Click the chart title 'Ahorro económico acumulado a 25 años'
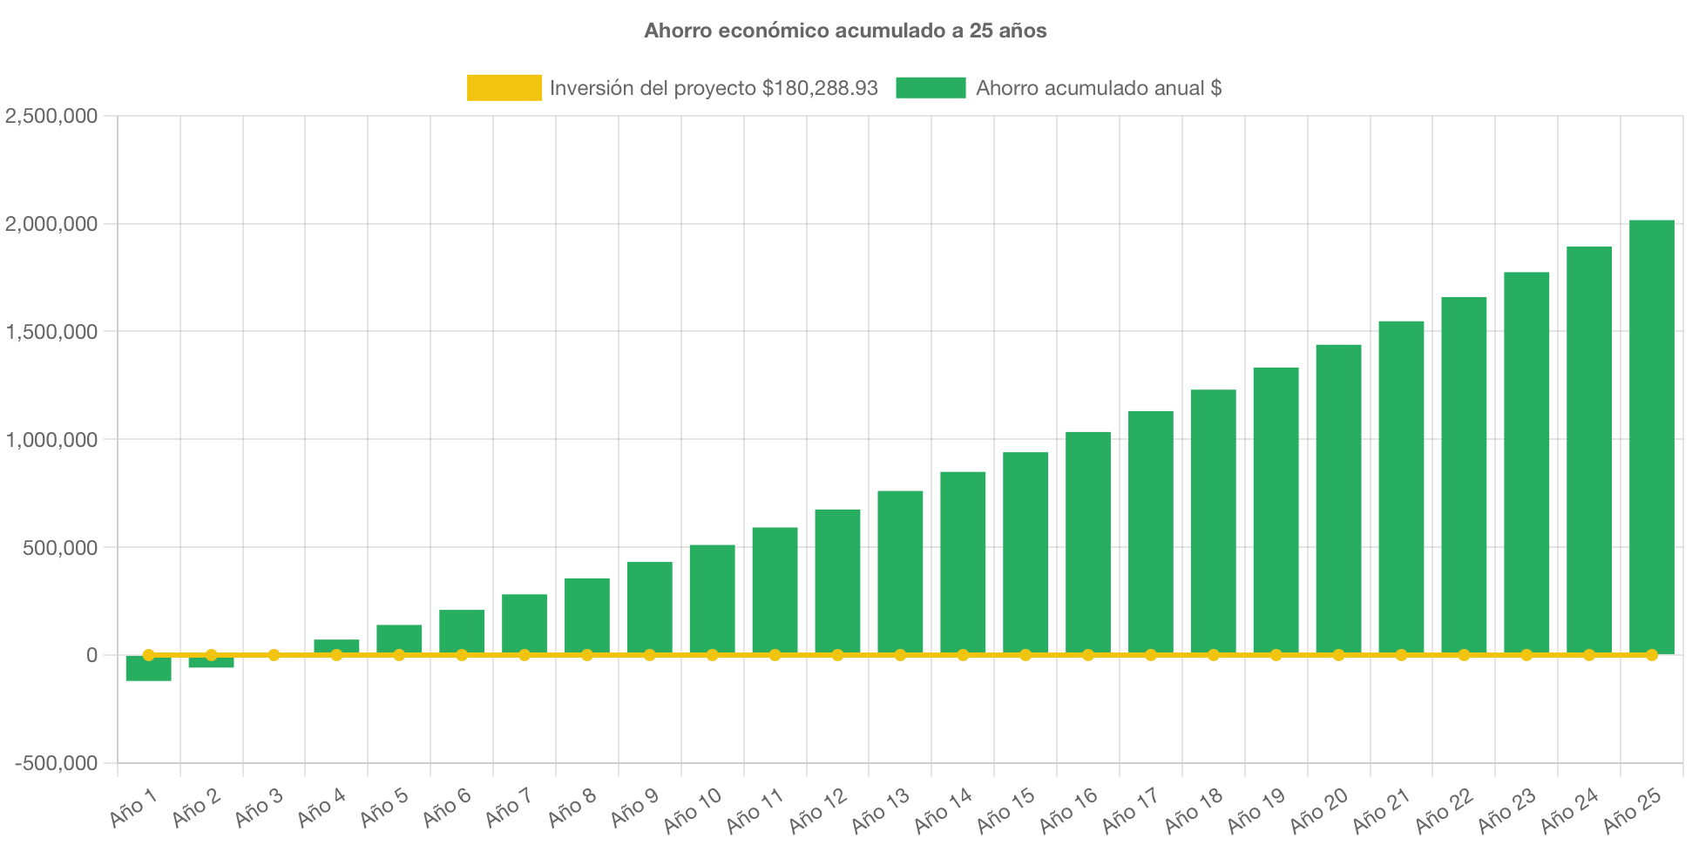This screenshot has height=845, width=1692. pyautogui.click(x=845, y=30)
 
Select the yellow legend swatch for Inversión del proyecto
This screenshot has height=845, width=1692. pyautogui.click(x=504, y=87)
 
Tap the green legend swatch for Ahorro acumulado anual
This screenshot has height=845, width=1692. pyautogui.click(x=931, y=87)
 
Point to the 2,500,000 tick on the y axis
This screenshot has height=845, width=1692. pyautogui.click(x=51, y=116)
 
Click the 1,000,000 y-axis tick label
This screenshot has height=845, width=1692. pyautogui.click(x=51, y=440)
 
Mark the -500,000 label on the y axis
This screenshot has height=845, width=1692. pyautogui.click(x=56, y=763)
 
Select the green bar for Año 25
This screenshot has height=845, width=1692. pyautogui.click(x=1651, y=436)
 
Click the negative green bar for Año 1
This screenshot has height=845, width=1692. pyautogui.click(x=148, y=669)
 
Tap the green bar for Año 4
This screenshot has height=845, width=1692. pyautogui.click(x=336, y=646)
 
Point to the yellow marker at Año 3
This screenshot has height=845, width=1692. pyautogui.click(x=274, y=654)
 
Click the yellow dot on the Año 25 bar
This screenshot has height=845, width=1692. pyautogui.click(x=1651, y=654)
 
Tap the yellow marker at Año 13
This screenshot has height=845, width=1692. pyautogui.click(x=900, y=654)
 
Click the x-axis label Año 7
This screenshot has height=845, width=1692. pyautogui.click(x=508, y=808)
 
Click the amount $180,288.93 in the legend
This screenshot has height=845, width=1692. pyautogui.click(x=819, y=88)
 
